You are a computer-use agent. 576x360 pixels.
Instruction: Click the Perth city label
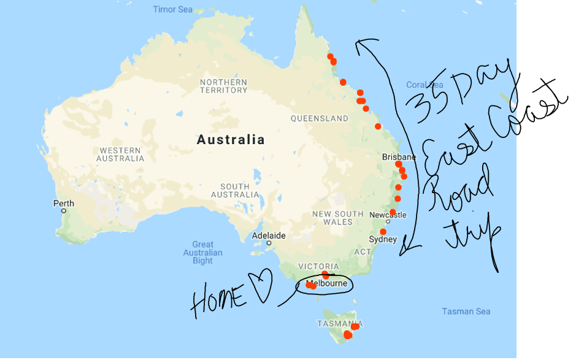(64, 204)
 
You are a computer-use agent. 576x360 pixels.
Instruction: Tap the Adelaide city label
(269, 236)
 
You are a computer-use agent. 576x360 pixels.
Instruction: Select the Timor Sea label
(172, 9)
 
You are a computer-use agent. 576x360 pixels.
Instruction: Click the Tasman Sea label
(466, 312)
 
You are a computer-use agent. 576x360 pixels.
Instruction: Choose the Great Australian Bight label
(203, 253)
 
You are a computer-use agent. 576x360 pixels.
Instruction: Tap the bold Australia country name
(231, 140)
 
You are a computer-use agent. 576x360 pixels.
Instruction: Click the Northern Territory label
(223, 86)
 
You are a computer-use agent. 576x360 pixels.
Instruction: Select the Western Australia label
(120, 155)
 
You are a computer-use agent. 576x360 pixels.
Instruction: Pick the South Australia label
(235, 191)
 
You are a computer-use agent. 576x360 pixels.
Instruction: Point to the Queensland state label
(319, 118)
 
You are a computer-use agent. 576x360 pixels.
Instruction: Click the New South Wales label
(338, 218)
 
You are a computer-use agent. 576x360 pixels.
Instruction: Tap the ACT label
(361, 252)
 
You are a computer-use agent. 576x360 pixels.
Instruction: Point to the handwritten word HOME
(219, 300)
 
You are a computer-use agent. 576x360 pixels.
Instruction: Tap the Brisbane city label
(398, 157)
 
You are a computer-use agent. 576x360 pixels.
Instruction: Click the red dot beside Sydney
(383, 232)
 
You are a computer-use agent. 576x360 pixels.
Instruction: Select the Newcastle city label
(388, 215)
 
